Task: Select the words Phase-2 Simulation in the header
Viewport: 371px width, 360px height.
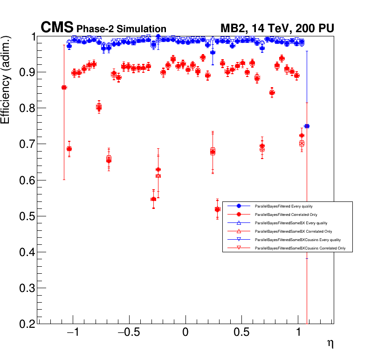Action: [x=121, y=29]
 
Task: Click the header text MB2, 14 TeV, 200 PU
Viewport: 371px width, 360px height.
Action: [x=277, y=28]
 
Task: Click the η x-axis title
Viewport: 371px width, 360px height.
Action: [x=330, y=344]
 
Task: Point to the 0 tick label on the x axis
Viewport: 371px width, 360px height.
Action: [x=185, y=334]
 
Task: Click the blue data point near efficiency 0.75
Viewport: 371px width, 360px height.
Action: [x=307, y=126]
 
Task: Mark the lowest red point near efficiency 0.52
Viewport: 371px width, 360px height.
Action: [x=217, y=209]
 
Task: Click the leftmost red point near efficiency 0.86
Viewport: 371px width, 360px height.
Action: [x=64, y=87]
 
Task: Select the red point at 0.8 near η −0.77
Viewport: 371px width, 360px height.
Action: [x=99, y=107]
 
